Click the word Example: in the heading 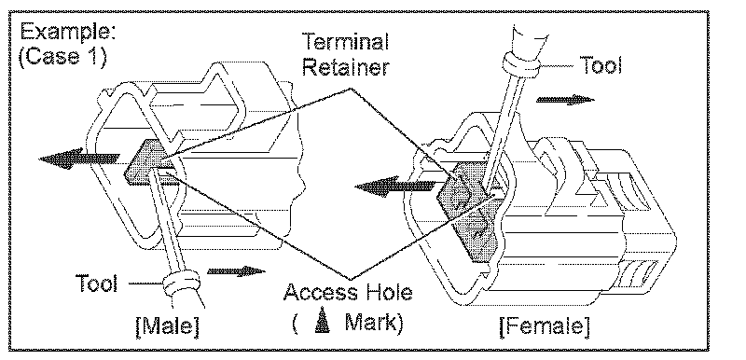point(67,34)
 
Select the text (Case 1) point(62,57)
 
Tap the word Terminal point(345,43)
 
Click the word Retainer point(345,66)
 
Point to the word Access point(322,293)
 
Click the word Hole point(389,293)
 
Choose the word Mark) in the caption point(374,323)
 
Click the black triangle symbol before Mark point(323,323)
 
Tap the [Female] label point(545,326)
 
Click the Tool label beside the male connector point(96,284)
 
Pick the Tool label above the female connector point(600,65)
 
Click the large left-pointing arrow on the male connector point(79,159)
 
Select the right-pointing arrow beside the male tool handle point(236,271)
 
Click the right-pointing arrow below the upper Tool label point(565,100)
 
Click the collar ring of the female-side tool point(521,63)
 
